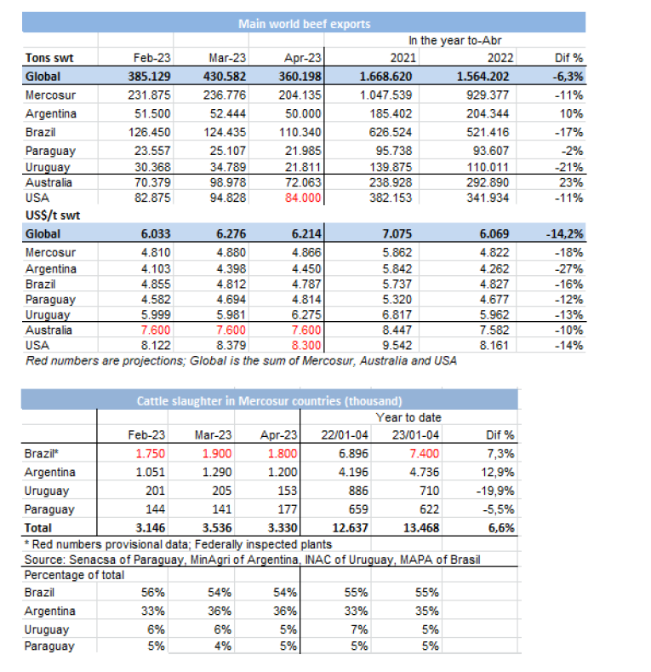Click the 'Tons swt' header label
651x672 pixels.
(49, 58)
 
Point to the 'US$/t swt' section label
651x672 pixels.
(49, 215)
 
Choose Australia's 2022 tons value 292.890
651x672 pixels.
(491, 182)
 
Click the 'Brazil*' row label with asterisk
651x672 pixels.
(43, 454)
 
